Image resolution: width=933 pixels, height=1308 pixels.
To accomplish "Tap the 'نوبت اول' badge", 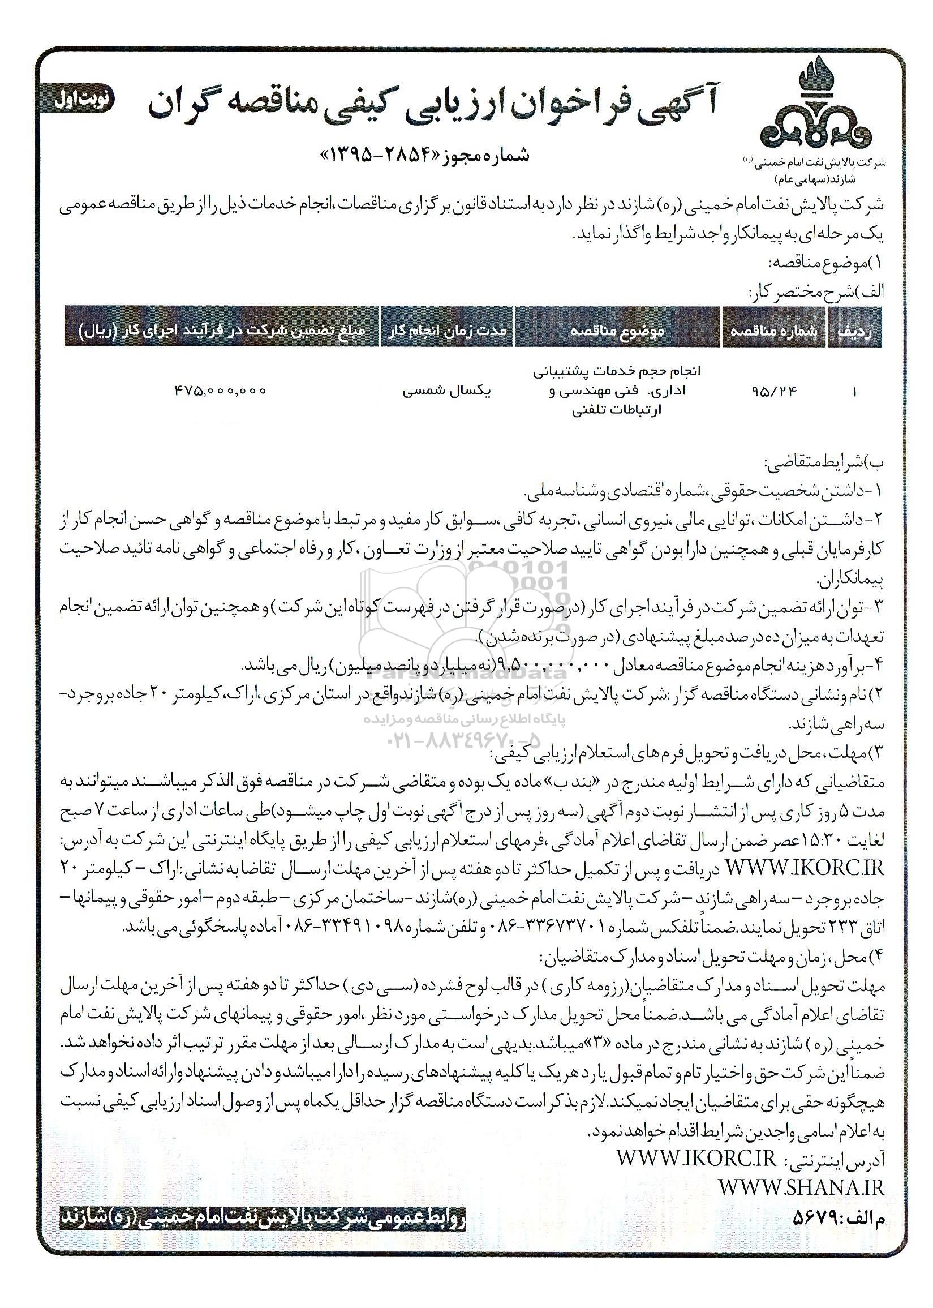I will [76, 98].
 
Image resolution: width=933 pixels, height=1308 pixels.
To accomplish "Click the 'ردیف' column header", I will [854, 332].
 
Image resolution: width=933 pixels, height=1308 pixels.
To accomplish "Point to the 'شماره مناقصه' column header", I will [773, 332].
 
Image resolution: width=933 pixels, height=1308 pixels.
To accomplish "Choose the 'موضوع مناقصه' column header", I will [618, 332].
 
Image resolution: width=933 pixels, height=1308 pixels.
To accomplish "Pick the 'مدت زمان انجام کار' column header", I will [446, 332].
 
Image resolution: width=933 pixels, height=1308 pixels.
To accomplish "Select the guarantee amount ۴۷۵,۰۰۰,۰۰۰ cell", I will [220, 391].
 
